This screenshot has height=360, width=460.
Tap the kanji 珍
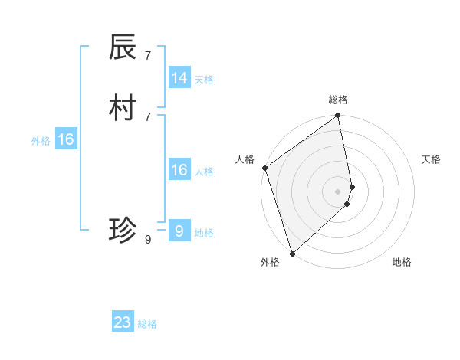coord(123,230)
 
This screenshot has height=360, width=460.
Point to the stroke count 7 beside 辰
coord(147,55)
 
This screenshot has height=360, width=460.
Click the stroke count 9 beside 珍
coord(147,239)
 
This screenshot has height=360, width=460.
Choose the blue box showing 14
coord(179,78)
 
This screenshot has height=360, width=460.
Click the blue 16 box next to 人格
coord(179,170)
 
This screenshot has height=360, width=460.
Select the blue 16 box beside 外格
coord(66,139)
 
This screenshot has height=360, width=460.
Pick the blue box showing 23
coord(123,322)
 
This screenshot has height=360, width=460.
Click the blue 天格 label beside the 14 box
coord(204,80)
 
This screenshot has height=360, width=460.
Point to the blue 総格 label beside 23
coord(147,324)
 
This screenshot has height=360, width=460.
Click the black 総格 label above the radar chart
coord(338,100)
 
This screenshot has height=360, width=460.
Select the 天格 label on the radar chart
coord(431,159)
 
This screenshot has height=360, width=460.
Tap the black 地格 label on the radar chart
coord(402,263)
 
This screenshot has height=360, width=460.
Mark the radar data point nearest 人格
coord(265,168)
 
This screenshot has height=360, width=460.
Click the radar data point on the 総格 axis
coord(338,116)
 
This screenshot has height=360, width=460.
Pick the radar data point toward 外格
coord(292,253)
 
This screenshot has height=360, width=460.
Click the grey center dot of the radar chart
coord(338,191)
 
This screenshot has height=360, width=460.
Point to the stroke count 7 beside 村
coord(147,116)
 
